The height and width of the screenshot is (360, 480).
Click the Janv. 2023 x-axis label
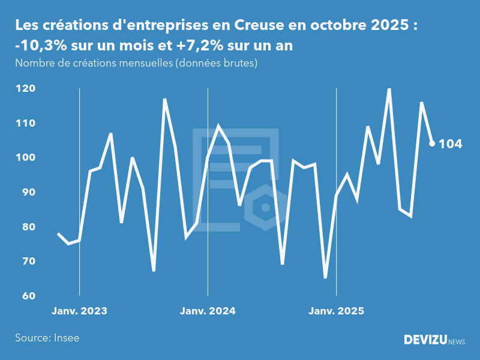click(x=79, y=311)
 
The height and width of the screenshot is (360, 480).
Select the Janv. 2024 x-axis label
click(x=208, y=311)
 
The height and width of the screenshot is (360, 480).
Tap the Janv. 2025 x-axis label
click(x=336, y=311)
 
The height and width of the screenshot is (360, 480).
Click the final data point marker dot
click(x=432, y=143)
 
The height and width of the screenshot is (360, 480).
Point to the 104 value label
click(x=451, y=144)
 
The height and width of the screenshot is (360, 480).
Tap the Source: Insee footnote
click(x=47, y=338)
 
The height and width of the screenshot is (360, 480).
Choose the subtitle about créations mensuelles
click(x=136, y=64)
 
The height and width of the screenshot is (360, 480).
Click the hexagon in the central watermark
click(x=265, y=208)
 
